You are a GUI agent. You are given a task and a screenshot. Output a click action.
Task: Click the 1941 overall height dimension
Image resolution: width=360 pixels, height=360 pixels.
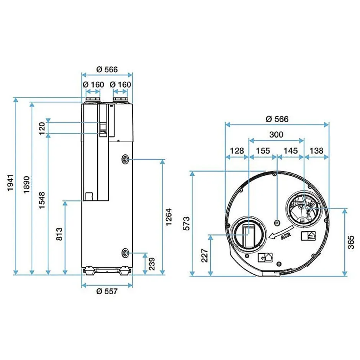click(x=11, y=183)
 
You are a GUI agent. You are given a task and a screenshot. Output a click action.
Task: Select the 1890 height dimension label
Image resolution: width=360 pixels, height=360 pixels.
click(x=27, y=185)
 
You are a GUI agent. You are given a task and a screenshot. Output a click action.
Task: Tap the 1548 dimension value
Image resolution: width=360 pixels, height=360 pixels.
click(x=42, y=200)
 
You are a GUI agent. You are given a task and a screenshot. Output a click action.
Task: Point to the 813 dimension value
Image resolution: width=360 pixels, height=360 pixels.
click(x=59, y=234)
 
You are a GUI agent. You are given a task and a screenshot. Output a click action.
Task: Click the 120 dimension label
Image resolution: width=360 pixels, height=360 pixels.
click(x=42, y=129)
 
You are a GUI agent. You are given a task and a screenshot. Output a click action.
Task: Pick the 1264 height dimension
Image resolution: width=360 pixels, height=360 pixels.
click(x=169, y=217)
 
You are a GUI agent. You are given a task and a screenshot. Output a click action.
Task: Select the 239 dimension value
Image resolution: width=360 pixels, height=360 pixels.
click(x=152, y=264)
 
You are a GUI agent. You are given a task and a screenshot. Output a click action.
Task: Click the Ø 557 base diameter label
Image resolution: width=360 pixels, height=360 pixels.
click(x=107, y=291)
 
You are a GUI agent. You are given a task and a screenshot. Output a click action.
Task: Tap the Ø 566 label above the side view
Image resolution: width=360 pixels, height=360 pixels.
click(x=107, y=69)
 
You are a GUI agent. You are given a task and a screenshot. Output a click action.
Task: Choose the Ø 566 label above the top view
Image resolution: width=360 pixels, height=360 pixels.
click(x=277, y=119)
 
